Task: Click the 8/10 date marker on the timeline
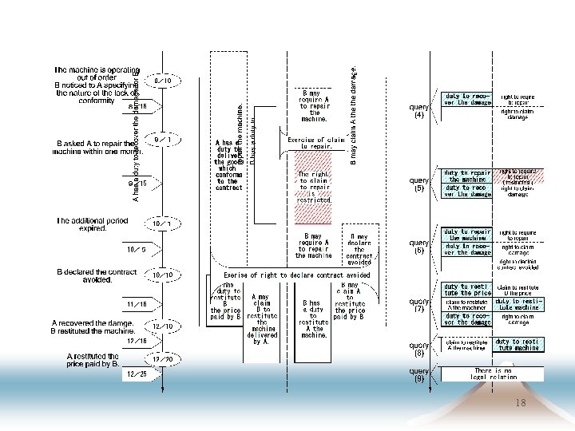163,81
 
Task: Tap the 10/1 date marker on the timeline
164,223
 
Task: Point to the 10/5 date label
137,249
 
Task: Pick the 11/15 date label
137,304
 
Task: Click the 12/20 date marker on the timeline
164,358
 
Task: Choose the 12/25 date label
137,374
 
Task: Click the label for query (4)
419,110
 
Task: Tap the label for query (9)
419,374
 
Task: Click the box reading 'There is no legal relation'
493,374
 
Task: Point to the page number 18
521,404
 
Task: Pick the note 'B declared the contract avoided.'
96,276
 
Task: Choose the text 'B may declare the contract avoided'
359,249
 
